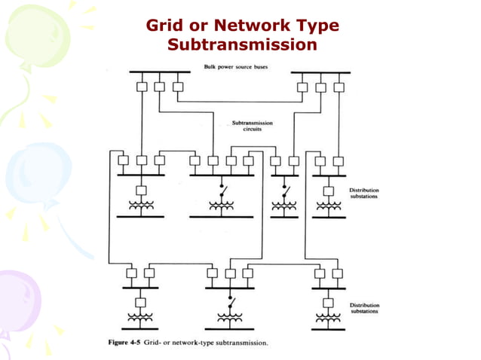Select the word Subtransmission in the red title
point(241,45)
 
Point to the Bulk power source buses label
point(235,67)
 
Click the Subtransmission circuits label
point(252,125)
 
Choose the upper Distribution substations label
point(363,194)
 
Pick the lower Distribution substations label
point(363,307)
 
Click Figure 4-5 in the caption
point(125,343)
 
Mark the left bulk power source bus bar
point(158,73)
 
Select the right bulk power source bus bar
point(320,73)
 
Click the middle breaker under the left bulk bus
point(159,87)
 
